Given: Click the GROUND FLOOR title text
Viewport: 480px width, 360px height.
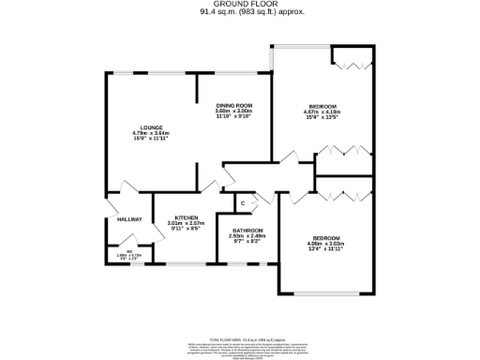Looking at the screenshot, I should pyautogui.click(x=239, y=5).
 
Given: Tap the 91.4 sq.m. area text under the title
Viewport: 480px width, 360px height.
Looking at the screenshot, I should pyautogui.click(x=239, y=13).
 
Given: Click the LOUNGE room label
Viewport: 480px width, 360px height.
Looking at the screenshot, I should pyautogui.click(x=151, y=127).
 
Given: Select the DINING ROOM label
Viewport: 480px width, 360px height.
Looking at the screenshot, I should pyautogui.click(x=234, y=105).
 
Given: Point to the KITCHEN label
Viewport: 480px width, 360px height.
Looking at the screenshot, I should pyautogui.click(x=184, y=216).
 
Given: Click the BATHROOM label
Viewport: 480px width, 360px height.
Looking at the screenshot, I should pyautogui.click(x=247, y=231).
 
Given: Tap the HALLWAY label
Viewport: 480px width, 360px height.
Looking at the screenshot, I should pyautogui.click(x=129, y=219).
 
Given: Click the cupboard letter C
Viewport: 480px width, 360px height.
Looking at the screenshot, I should pyautogui.click(x=242, y=203).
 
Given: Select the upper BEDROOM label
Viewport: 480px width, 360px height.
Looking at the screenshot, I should pyautogui.click(x=322, y=107).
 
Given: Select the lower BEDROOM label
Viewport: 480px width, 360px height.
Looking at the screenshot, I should pyautogui.click(x=325, y=238).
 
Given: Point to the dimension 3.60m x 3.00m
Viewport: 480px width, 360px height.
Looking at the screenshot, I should pyautogui.click(x=234, y=112).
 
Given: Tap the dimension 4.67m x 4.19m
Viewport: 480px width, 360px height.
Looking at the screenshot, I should pyautogui.click(x=322, y=113).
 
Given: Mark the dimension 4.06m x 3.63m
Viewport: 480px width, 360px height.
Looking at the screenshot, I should pyautogui.click(x=325, y=245).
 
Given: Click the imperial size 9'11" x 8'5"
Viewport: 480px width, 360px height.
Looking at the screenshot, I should pyautogui.click(x=184, y=228).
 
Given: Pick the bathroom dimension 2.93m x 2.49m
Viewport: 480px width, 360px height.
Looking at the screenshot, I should pyautogui.click(x=247, y=236).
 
